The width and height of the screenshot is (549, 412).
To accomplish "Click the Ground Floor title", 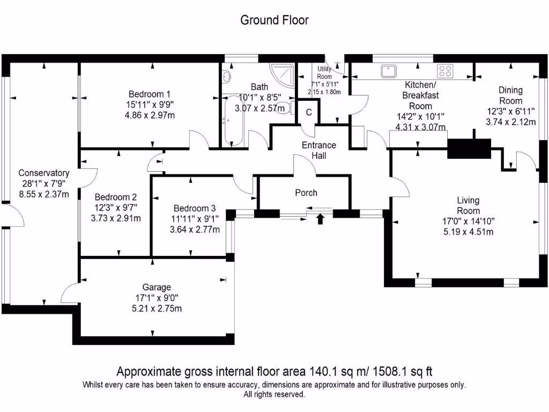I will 274,20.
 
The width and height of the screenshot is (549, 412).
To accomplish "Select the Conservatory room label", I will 43,173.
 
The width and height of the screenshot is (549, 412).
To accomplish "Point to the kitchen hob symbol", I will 445,71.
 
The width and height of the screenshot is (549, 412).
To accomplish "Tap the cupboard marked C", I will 309,113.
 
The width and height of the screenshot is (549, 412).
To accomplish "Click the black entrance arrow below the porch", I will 321,218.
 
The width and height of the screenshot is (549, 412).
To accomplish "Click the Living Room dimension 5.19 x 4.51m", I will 468,232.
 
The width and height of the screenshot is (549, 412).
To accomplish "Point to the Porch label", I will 306,193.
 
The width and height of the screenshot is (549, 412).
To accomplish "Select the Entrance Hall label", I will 319,150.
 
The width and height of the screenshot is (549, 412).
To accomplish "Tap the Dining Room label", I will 510,95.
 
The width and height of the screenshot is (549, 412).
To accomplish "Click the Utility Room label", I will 324,72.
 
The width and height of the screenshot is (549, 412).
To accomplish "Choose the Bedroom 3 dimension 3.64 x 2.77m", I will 194,230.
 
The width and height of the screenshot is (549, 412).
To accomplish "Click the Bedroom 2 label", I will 115,197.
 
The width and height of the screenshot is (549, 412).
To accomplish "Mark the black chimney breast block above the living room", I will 469,148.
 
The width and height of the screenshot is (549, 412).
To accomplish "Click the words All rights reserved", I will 274,394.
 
